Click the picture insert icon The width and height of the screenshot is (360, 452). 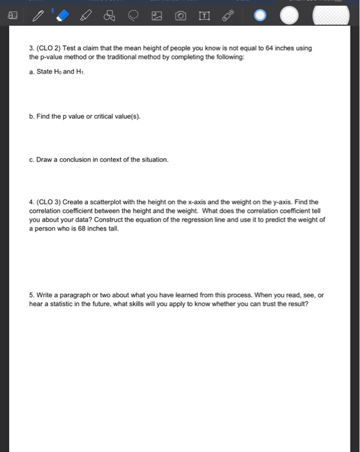tap(156, 15)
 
